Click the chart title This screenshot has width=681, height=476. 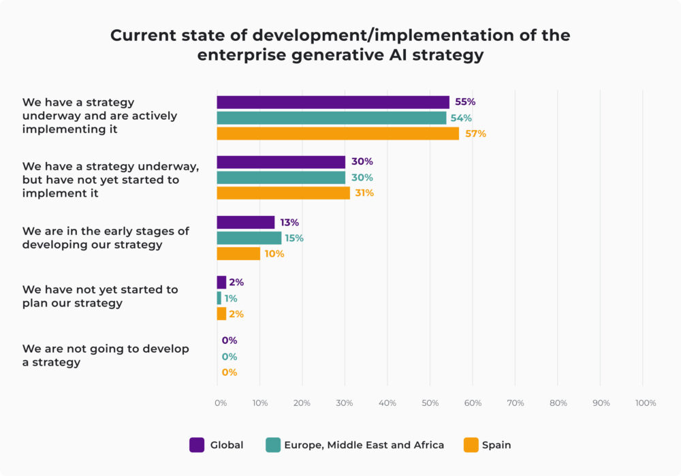[x=340, y=45]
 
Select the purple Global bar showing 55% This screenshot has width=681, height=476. [x=333, y=102]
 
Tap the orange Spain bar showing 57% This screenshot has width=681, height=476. [x=338, y=133]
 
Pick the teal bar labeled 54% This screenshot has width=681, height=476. [x=332, y=118]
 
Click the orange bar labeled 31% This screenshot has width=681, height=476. [x=283, y=193]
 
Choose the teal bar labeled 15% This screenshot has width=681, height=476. [x=249, y=238]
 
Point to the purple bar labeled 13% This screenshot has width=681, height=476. [x=245, y=222]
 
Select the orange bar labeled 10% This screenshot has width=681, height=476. [x=238, y=253]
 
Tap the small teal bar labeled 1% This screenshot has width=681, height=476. [x=219, y=298]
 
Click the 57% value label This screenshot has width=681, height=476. [x=475, y=133]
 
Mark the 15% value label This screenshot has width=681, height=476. [x=294, y=238]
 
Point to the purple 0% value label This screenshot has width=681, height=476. [x=229, y=340]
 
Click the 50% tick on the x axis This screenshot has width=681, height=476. [x=430, y=403]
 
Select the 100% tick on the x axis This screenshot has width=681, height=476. [x=645, y=403]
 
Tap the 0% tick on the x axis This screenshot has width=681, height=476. [x=220, y=403]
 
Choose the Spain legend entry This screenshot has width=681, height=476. [x=487, y=445]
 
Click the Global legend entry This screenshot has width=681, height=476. [x=216, y=445]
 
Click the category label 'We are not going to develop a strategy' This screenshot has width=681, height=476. [x=106, y=355]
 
